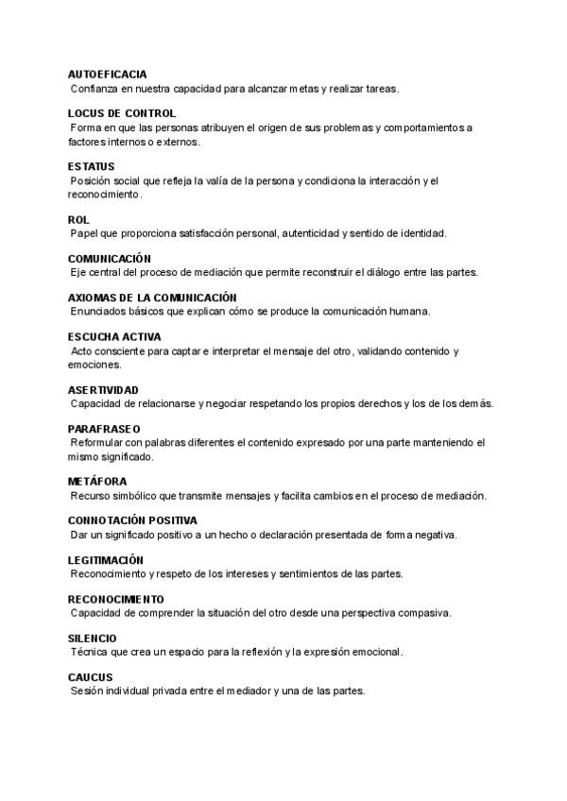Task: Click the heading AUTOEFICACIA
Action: pyautogui.click(x=107, y=74)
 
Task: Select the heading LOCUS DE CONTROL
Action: pyautogui.click(x=122, y=113)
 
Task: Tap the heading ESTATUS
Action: pyautogui.click(x=92, y=166)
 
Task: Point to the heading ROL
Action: pyautogui.click(x=78, y=219)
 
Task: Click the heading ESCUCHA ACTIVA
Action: pyautogui.click(x=114, y=336)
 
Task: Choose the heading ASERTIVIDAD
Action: pyautogui.click(x=104, y=389)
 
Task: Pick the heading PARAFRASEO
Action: pyautogui.click(x=103, y=429)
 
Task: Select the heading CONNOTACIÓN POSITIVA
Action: pyautogui.click(x=132, y=520)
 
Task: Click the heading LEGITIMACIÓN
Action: pyautogui.click(x=106, y=560)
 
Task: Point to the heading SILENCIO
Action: pyautogui.click(x=93, y=639)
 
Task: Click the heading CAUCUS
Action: pyautogui.click(x=91, y=677)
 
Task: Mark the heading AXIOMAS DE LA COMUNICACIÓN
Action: pyautogui.click(x=152, y=297)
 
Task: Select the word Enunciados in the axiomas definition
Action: pyautogui.click(x=98, y=311)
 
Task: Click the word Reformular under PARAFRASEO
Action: pyautogui.click(x=98, y=442)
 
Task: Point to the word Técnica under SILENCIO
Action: pyautogui.click(x=89, y=652)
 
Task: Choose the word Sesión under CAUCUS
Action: pyautogui.click(x=87, y=690)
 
